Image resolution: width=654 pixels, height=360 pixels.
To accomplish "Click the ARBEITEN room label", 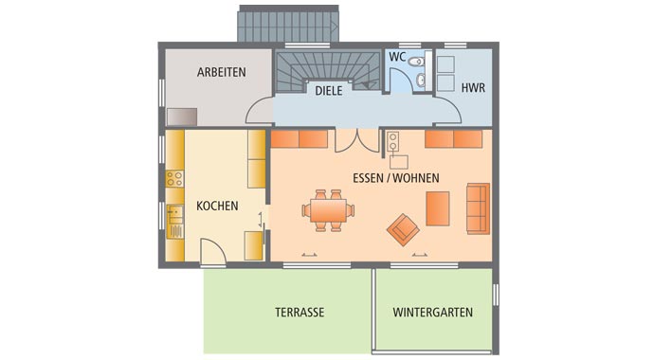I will (x=221, y=72).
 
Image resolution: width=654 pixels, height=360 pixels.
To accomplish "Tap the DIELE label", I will (x=329, y=91).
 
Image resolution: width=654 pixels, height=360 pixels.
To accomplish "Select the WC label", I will (x=398, y=58).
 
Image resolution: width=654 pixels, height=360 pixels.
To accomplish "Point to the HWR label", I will (x=472, y=87).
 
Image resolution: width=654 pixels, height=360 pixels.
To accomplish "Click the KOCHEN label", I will (x=217, y=205).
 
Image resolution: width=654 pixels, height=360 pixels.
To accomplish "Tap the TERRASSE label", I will (x=300, y=312).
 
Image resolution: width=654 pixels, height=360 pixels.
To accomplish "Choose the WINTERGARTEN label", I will (x=432, y=312).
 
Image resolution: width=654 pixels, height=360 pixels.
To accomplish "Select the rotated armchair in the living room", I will (x=405, y=227).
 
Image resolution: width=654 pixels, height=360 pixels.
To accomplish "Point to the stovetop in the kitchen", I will (x=174, y=177).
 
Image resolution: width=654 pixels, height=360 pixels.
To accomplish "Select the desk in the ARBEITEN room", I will (x=181, y=117).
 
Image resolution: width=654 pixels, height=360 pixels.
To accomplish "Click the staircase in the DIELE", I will (x=327, y=67).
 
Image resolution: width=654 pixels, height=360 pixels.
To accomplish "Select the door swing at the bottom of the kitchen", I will (x=213, y=252).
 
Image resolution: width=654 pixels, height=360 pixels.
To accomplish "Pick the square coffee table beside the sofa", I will (x=437, y=208).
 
